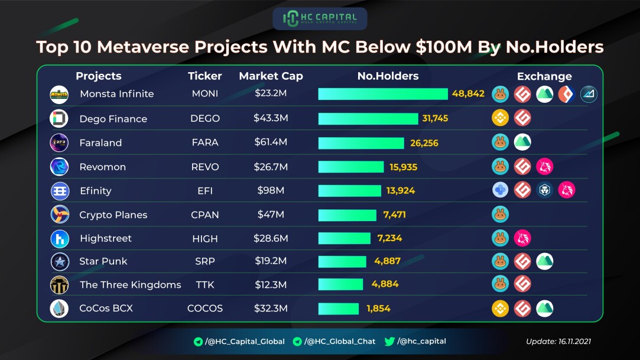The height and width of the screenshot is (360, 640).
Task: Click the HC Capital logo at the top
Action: pos(320,18)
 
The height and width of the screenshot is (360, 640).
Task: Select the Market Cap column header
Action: pos(271,76)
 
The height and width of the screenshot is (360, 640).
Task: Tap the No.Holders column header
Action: pos(388,76)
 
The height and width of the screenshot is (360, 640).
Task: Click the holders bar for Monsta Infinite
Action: pos(383,94)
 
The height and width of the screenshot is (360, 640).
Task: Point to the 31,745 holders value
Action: pos(435,118)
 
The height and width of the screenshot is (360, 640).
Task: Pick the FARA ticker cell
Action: pos(205,142)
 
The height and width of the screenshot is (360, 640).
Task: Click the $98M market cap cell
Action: pos(271,190)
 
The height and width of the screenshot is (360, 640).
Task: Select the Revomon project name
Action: pos(102,167)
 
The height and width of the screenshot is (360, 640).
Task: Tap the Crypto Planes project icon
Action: pos(60,214)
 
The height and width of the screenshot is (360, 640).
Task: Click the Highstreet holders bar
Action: pos(345,238)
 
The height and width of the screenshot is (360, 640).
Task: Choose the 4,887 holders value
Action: pos(387,261)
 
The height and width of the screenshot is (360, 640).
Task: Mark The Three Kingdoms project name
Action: pos(130,285)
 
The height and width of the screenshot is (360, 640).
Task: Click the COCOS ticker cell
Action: pos(205,308)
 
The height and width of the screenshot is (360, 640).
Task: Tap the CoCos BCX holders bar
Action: pos(339,309)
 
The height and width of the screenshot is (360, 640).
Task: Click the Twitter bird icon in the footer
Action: pos(389,341)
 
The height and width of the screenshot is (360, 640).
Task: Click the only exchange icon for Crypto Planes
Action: pos(500,214)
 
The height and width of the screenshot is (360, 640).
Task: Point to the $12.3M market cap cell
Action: pos(271,284)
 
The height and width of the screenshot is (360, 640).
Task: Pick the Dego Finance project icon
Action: pos(59,118)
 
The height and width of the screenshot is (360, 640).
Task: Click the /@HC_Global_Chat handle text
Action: pos(340,342)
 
